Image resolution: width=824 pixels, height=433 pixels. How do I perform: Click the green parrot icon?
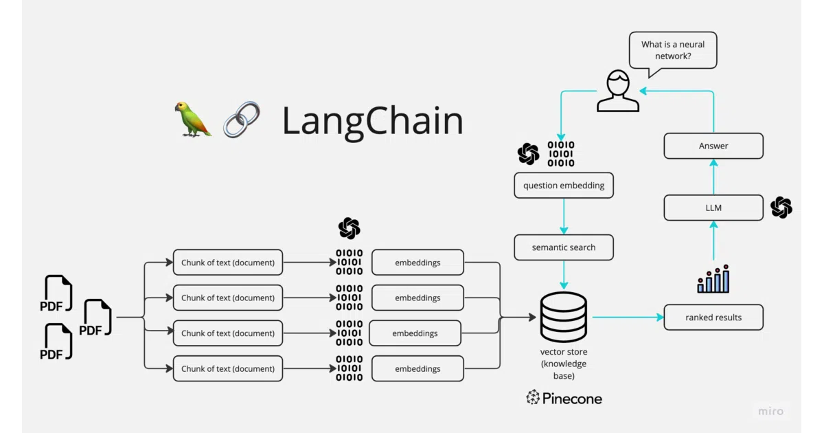[193, 120]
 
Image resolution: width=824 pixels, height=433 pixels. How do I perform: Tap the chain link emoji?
[242, 120]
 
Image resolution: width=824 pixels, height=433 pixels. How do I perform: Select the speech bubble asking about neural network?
[673, 52]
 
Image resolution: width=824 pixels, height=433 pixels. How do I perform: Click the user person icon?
[618, 91]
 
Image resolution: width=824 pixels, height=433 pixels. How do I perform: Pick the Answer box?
[713, 146]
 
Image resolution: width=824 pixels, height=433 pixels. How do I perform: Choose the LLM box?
[713, 208]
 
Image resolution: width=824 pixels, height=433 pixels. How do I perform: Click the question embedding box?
[564, 185]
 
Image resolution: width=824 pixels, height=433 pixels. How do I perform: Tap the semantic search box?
[564, 247]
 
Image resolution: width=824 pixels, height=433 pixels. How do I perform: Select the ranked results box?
[713, 318]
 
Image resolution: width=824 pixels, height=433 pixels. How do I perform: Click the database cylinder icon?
[564, 317]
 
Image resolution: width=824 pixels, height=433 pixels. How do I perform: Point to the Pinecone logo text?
[564, 398]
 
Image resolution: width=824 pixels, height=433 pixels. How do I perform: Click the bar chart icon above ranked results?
[713, 279]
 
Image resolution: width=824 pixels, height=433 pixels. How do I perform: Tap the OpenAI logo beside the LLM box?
[781, 208]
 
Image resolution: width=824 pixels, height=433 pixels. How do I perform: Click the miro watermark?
[770, 411]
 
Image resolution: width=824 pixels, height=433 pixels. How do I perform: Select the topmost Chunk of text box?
[228, 263]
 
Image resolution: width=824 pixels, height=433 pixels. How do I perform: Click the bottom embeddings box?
[417, 368]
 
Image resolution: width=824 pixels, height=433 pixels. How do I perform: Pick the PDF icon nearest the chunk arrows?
[95, 318]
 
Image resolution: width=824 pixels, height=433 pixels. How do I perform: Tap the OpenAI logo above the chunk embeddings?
[349, 228]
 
